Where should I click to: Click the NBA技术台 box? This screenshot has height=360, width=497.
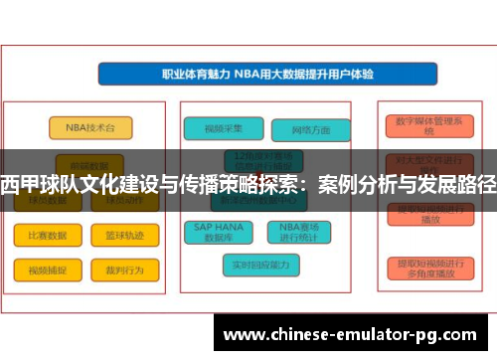(83, 128)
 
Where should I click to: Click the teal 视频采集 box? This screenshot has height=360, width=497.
(224, 128)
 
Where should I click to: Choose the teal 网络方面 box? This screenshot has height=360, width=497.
(310, 130)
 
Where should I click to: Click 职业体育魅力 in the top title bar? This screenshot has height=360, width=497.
(194, 74)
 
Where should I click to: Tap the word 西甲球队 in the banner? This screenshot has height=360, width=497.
(38, 184)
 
